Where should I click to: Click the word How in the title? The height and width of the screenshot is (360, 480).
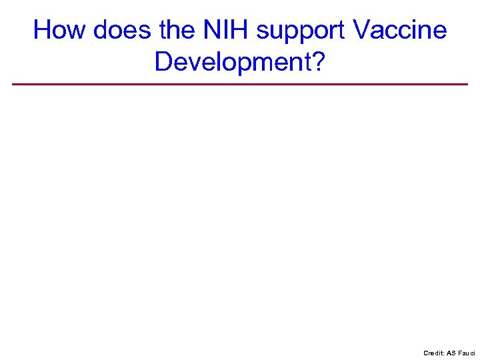60,31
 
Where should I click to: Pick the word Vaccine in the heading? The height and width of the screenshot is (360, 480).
399,31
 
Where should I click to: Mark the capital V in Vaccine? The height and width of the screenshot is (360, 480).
362,31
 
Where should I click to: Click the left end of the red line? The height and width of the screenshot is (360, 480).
13,84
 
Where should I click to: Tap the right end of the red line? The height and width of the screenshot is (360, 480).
467,84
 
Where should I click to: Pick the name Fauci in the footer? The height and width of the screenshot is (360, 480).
467,353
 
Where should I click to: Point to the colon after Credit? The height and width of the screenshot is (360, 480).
443,353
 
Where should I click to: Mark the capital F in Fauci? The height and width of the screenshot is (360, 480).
461,353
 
